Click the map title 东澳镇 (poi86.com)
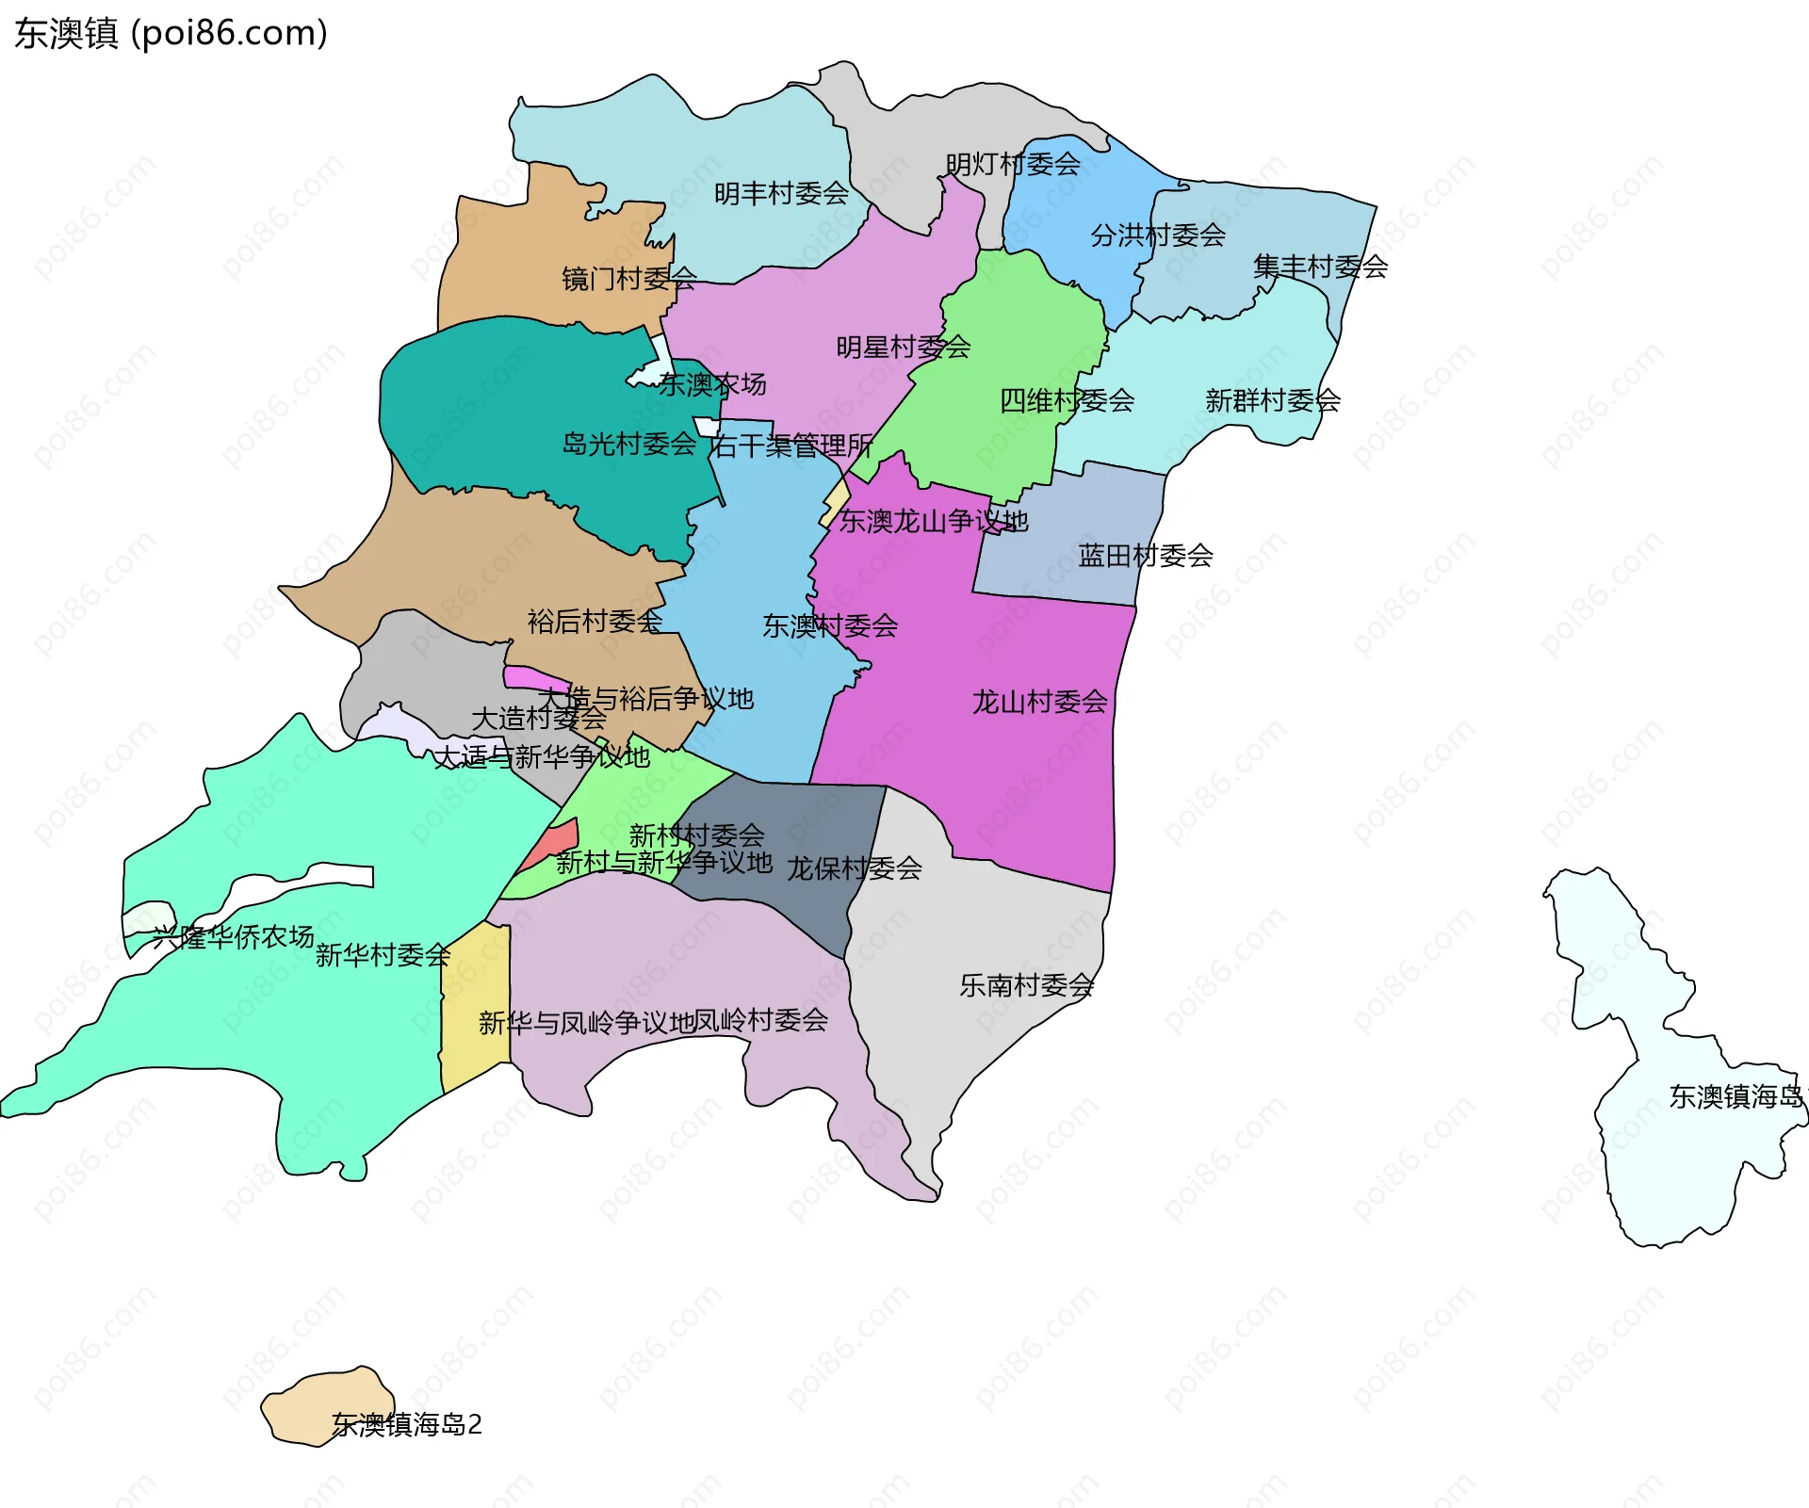click(x=171, y=33)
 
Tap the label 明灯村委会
click(x=1013, y=164)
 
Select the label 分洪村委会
click(x=1158, y=235)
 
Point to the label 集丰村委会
click(x=1320, y=267)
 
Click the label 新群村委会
click(x=1273, y=400)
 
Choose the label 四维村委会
click(x=1067, y=400)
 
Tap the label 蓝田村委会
click(x=1145, y=556)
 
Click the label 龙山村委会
click(x=1039, y=702)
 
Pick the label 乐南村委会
click(x=1026, y=985)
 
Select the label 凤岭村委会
click(x=760, y=1020)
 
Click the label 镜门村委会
click(x=628, y=278)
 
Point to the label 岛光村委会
click(x=628, y=444)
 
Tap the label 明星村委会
click(x=903, y=348)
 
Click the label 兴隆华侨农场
click(x=233, y=936)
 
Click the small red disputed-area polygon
click(x=550, y=844)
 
